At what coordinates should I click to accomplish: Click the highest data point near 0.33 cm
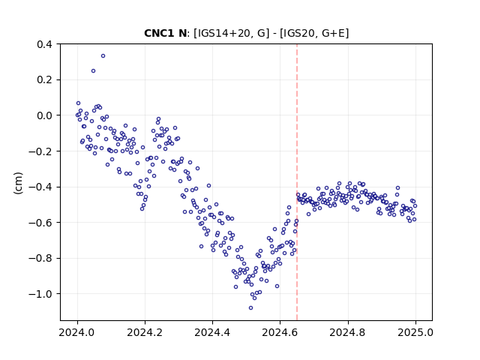103,56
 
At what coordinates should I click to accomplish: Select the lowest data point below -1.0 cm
250,308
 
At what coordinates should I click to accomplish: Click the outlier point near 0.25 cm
93,71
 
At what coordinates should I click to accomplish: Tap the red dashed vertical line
297,182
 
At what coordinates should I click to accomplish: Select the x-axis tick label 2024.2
145,332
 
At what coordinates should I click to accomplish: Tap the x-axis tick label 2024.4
212,332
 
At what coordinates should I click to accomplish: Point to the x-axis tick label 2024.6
280,332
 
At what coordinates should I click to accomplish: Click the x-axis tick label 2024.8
347,332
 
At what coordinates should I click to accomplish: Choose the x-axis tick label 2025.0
415,332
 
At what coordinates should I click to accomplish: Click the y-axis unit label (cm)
18,183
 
